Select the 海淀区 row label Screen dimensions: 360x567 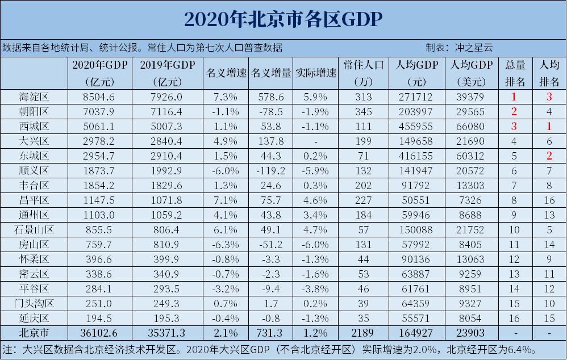tap(34, 97)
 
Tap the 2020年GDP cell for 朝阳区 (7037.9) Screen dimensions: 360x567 tap(99, 112)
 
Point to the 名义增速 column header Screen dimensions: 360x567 tap(226, 73)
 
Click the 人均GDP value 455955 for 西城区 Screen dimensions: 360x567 tap(417, 126)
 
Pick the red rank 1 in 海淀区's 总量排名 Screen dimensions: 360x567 tap(514, 97)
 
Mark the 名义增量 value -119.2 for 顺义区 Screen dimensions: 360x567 tap(270, 170)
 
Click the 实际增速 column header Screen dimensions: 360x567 tap(316, 73)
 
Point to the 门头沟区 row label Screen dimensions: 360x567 tap(34, 303)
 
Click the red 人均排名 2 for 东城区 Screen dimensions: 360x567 tap(549, 156)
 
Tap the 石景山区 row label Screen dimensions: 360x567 tap(34, 229)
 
